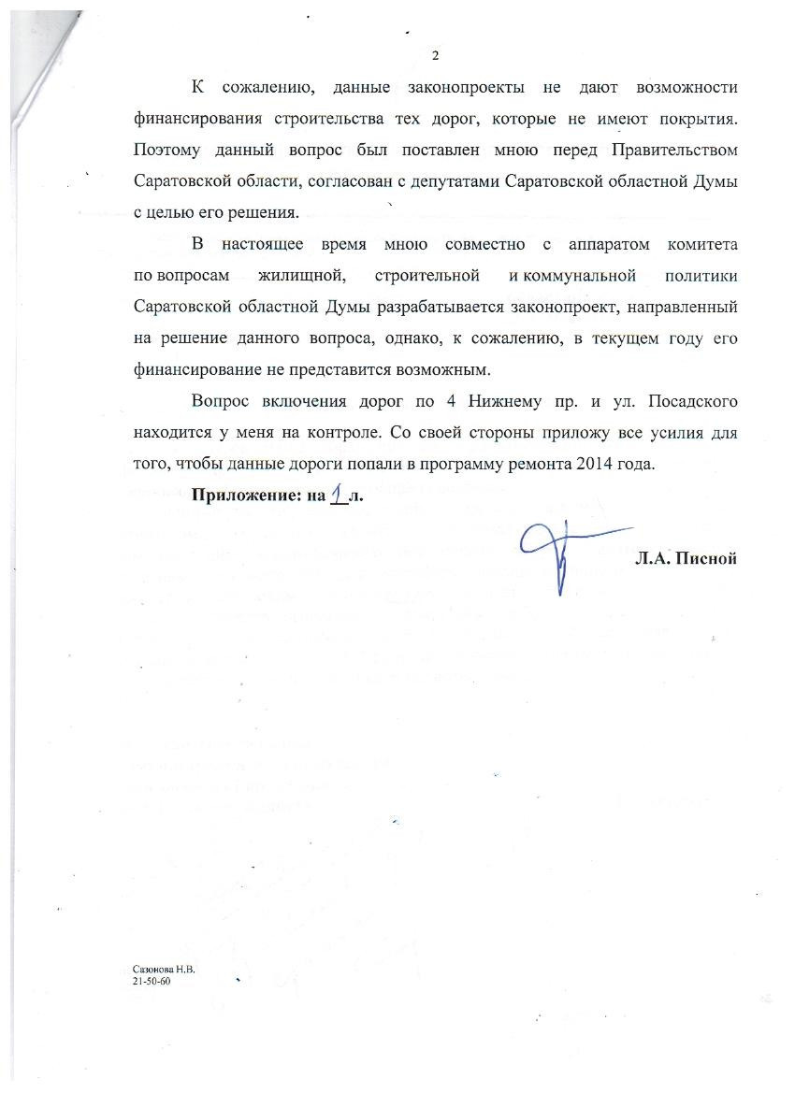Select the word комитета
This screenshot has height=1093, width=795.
702,245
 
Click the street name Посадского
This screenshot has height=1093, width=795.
693,402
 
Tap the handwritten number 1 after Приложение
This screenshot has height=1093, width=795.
338,495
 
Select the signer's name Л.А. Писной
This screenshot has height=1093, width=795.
686,558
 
